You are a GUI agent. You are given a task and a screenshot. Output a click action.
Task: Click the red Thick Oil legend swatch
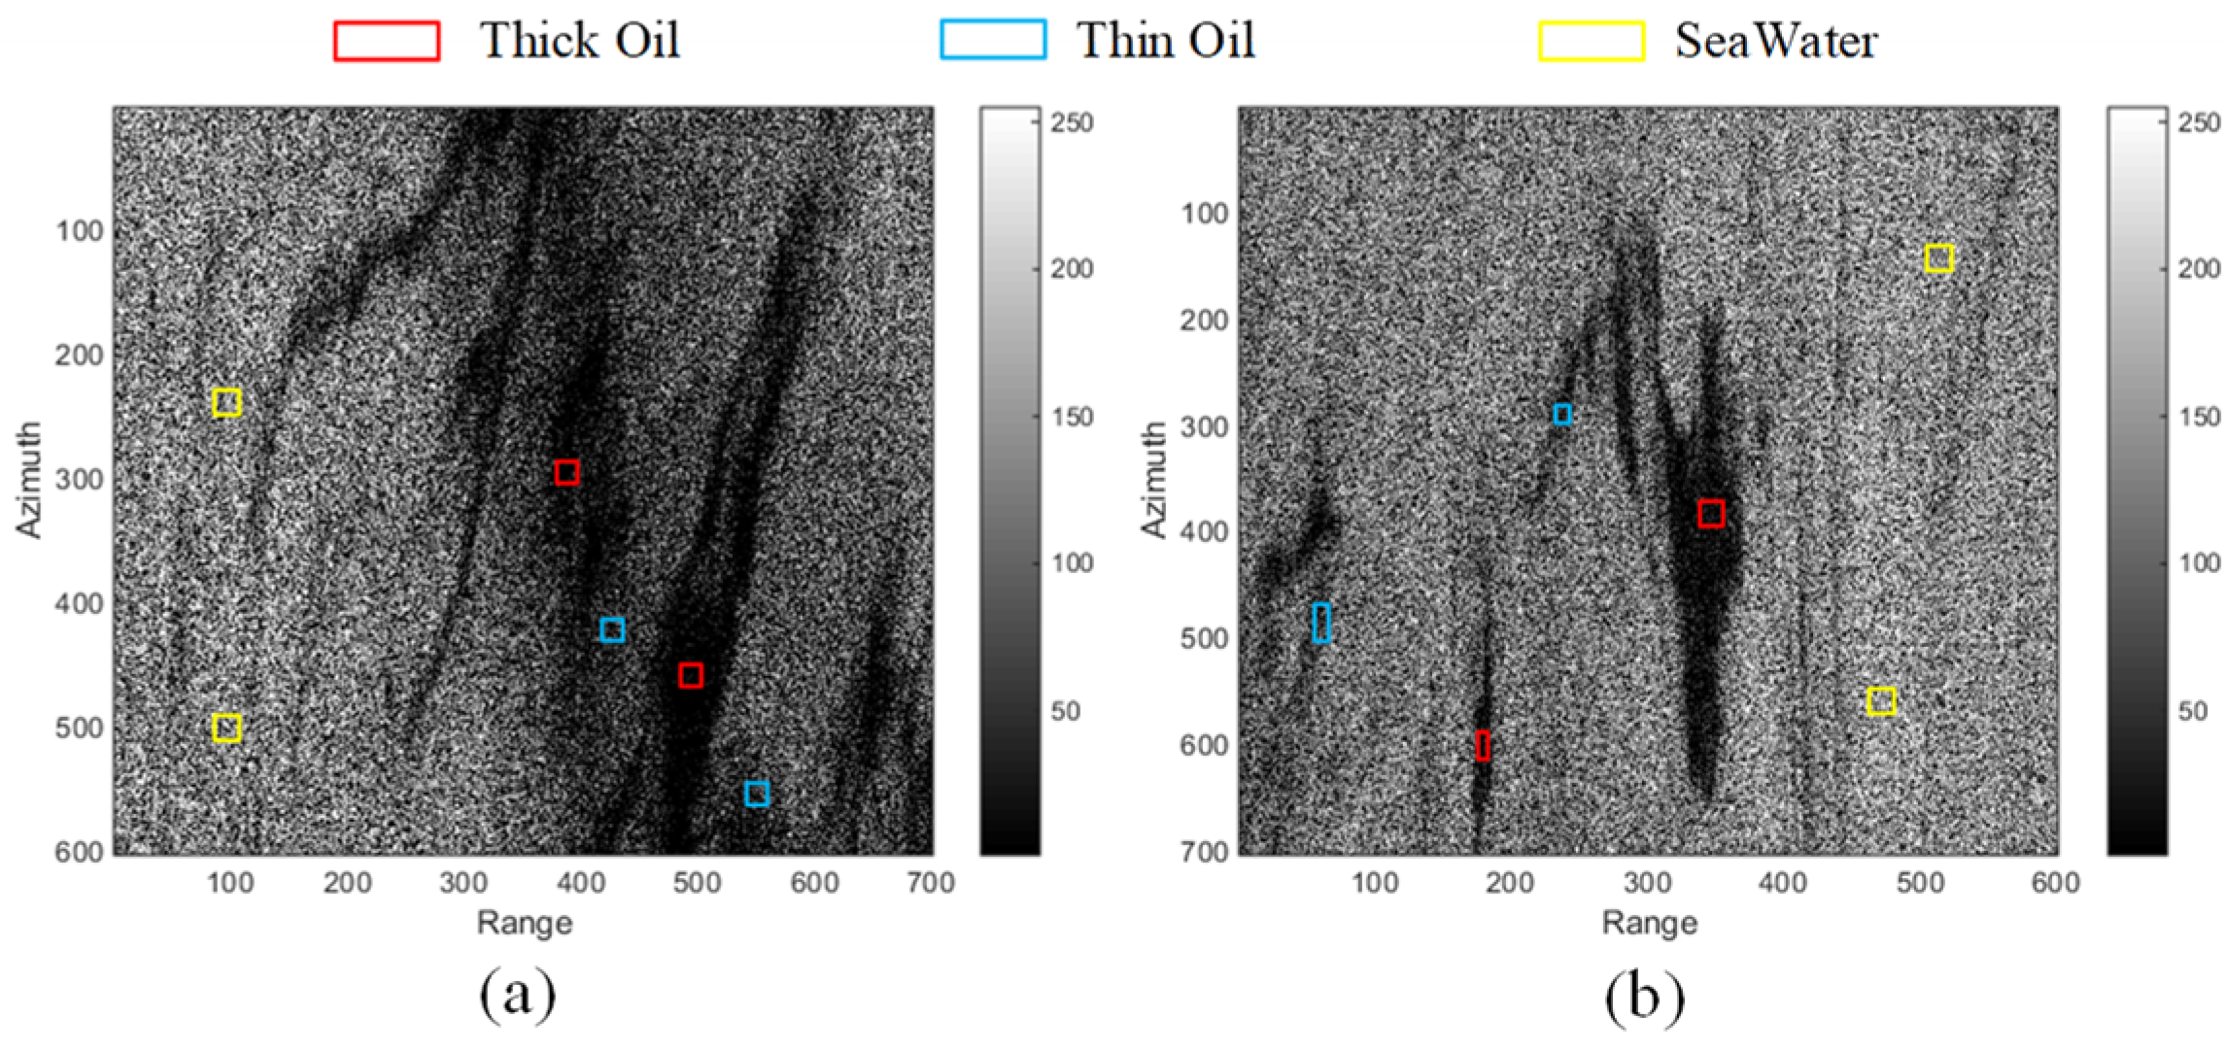(386, 41)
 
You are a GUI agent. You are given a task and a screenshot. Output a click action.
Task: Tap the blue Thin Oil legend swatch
(993, 41)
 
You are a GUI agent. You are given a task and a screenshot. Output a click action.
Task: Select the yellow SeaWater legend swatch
(1592, 41)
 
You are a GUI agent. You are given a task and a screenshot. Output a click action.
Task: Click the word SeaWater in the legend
(1775, 41)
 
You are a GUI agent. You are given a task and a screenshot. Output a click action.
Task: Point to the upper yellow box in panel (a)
(226, 402)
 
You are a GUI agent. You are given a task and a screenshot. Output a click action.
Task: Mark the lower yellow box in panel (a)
(226, 728)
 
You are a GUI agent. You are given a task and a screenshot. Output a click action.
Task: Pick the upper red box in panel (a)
(566, 472)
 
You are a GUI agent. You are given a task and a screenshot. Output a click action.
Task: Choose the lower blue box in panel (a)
(757, 794)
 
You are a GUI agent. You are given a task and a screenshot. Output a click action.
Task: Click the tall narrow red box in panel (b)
(1482, 745)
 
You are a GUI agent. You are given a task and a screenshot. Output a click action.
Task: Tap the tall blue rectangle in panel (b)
(1321, 623)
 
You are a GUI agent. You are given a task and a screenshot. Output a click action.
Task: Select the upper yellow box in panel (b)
(1938, 258)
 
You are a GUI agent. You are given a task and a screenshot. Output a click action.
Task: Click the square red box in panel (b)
(1711, 513)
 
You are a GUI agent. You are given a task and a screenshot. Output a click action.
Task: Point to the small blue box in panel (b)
(1562, 415)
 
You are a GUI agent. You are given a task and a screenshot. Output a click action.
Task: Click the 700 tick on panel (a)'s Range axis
(931, 883)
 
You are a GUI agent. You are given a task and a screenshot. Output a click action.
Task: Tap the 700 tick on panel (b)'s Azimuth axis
(1205, 852)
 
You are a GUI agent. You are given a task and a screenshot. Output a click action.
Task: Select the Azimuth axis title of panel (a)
(29, 479)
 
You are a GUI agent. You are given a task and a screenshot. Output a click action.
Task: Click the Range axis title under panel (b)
(1649, 922)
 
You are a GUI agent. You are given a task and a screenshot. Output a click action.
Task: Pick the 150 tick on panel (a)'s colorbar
(1073, 417)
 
